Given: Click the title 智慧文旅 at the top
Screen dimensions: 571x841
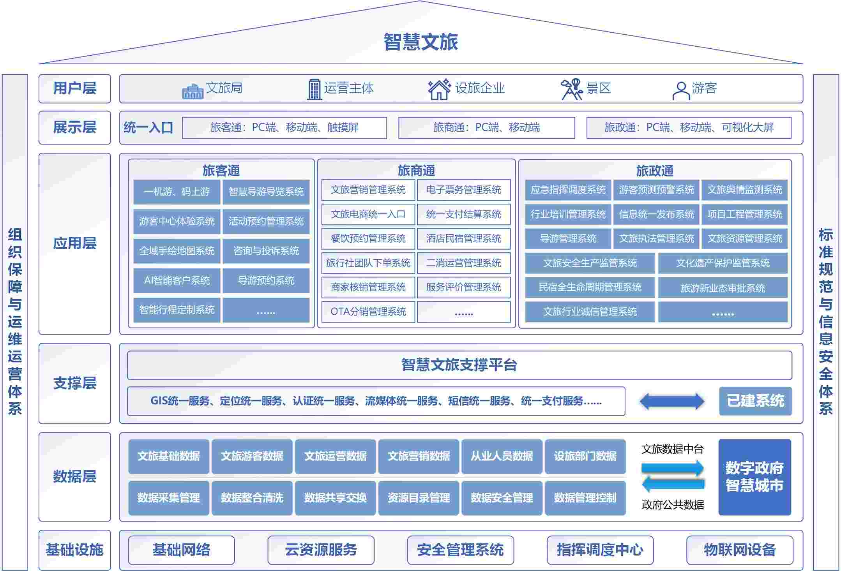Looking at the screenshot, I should (x=420, y=42).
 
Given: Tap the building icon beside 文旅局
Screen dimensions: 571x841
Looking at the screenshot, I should (x=193, y=91).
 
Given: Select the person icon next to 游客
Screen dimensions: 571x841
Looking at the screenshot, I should (x=680, y=91).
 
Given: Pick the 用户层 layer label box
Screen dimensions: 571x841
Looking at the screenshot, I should (x=75, y=88).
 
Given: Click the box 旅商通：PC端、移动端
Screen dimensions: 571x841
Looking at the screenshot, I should (x=486, y=128).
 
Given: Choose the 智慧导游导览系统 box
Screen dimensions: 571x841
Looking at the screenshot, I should (x=266, y=192).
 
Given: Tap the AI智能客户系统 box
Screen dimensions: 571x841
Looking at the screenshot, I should (x=177, y=280).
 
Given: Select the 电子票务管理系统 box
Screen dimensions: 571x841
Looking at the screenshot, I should (x=463, y=190).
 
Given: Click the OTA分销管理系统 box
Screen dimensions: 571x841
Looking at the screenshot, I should (x=368, y=312).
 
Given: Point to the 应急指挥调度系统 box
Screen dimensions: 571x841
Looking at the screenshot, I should (x=568, y=190).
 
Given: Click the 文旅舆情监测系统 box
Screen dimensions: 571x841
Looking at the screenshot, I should (x=744, y=190).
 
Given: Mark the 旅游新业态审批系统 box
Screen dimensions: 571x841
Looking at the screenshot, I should (x=723, y=288).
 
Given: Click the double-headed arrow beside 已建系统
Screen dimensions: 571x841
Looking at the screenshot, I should (x=672, y=401).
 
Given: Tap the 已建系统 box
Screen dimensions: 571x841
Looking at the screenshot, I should (x=755, y=401).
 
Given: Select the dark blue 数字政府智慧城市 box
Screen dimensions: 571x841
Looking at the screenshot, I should (x=754, y=477).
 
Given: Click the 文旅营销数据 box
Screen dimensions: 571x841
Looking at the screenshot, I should (x=419, y=456).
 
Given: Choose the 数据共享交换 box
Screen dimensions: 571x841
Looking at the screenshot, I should (x=335, y=498).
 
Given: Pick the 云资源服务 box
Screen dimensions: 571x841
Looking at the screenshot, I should (x=321, y=550).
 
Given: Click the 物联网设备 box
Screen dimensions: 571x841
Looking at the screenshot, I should (x=739, y=550).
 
